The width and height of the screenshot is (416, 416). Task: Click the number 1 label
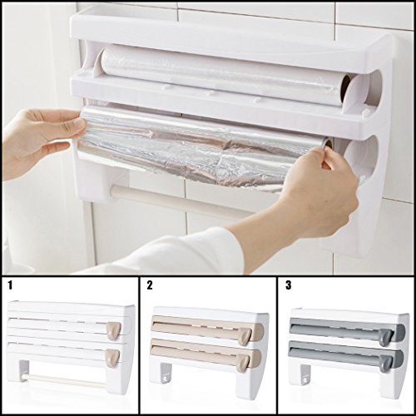[10, 285]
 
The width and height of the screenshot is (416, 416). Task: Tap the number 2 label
[150, 285]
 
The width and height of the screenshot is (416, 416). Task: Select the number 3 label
[289, 285]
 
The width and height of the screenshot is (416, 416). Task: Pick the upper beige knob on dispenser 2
[246, 336]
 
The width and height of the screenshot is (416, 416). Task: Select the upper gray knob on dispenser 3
[385, 337]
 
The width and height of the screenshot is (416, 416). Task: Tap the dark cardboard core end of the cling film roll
[347, 88]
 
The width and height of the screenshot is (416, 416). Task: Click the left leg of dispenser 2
[166, 373]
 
